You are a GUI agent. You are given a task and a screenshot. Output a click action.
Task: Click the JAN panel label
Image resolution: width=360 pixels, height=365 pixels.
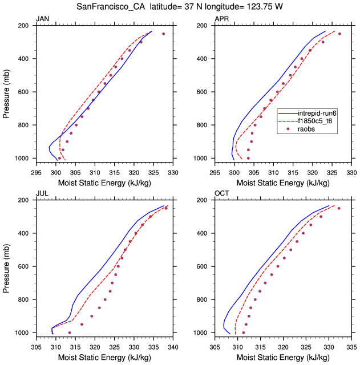pos(42,19)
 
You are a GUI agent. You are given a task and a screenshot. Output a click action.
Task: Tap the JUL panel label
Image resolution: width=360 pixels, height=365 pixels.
pos(42,194)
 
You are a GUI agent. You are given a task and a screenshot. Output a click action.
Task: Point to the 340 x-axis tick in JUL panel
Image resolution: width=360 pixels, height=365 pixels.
pos(173,346)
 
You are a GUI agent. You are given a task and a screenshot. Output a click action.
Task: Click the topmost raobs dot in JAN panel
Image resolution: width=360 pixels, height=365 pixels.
pos(163,34)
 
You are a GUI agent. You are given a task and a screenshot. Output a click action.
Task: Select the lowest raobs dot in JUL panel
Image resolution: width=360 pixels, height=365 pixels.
pos(70,332)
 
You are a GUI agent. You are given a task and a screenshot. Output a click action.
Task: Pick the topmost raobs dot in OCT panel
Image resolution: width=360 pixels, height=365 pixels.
pos(339,208)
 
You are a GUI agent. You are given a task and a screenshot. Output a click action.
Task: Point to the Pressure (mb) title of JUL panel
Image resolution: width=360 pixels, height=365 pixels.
pos(6,266)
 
